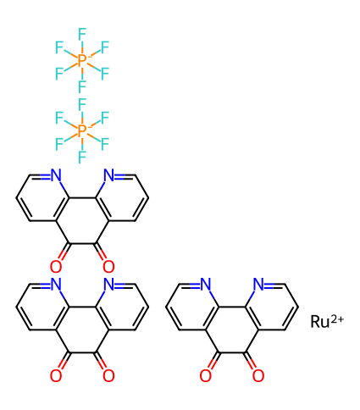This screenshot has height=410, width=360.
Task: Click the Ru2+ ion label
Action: [x=327, y=321]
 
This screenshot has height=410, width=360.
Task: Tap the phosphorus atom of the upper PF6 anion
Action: [x=82, y=60]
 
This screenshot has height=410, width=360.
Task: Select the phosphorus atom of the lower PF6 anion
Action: [x=82, y=130]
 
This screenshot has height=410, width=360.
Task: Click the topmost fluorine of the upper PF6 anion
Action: [x=82, y=34]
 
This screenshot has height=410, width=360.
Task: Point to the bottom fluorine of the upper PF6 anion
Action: [x=82, y=86]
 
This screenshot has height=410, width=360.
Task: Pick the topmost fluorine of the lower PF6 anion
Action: [x=82, y=104]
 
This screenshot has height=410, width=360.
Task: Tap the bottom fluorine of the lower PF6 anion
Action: [x=82, y=157]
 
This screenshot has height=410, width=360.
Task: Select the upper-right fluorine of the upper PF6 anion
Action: [x=105, y=47]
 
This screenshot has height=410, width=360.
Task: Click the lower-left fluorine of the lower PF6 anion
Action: [x=59, y=144]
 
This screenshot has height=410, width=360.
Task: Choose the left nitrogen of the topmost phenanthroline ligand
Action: [x=56, y=175]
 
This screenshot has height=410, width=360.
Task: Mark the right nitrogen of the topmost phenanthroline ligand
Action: [x=109, y=175]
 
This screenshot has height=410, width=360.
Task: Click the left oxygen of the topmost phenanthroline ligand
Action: [x=56, y=266]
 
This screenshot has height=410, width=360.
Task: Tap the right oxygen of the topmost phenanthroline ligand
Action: [x=108, y=266]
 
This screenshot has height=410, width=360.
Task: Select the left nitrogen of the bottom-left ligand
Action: [x=56, y=284]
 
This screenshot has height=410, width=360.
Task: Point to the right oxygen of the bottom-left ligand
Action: [x=108, y=375]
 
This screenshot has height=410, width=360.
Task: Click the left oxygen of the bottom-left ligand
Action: [x=56, y=375]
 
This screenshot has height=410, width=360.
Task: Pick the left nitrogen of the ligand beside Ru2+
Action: [x=205, y=284]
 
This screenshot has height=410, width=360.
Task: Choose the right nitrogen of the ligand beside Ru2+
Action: [x=258, y=284]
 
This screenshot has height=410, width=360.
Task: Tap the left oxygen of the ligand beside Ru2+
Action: [x=205, y=375]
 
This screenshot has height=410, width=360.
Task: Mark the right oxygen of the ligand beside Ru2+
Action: [x=258, y=375]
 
